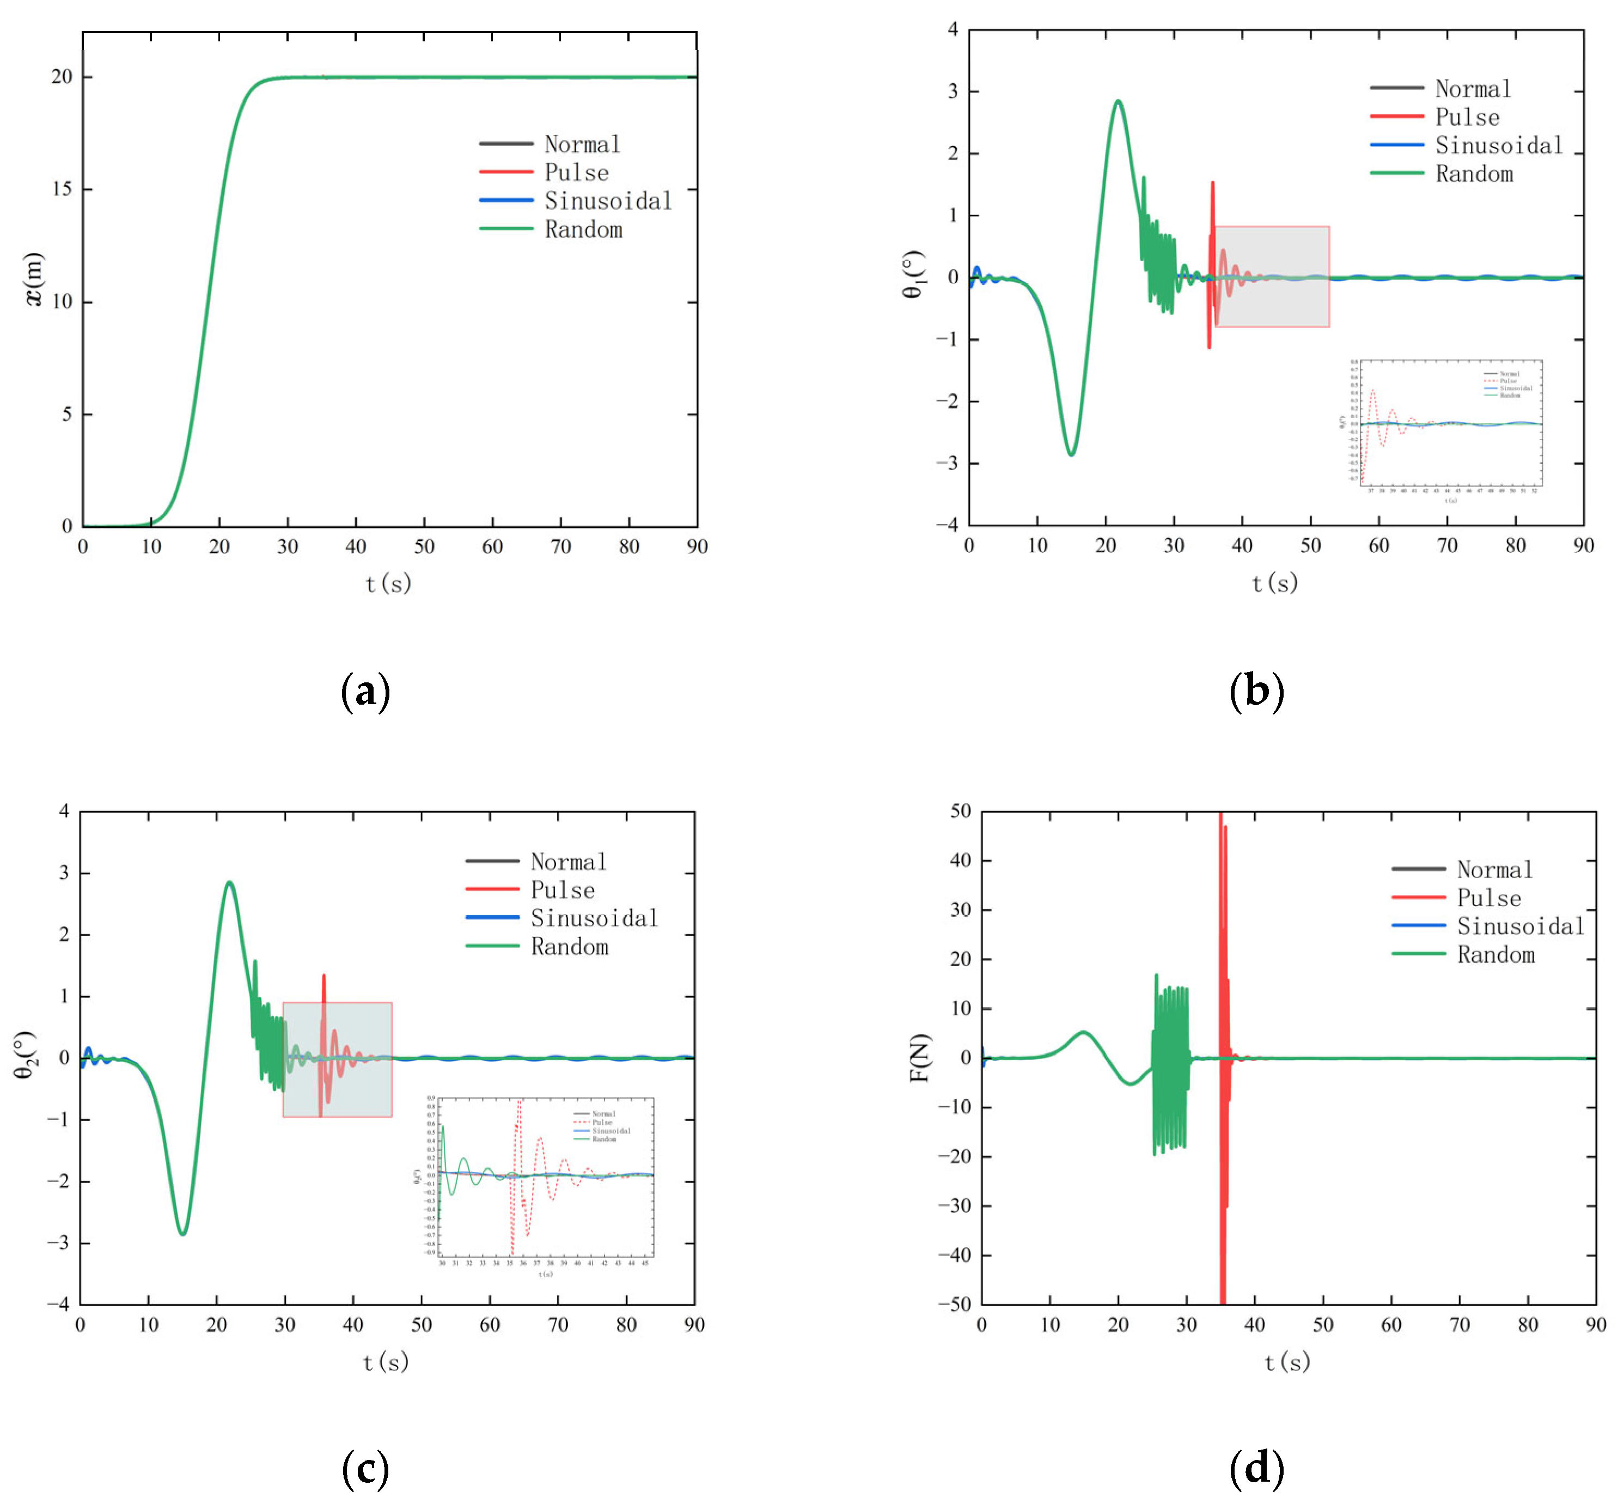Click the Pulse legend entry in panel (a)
coord(576,172)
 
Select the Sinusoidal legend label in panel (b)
coord(1498,146)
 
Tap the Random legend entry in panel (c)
coord(570,947)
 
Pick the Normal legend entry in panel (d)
coord(1494,870)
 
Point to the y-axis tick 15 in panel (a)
coord(62,189)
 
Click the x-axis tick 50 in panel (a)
coord(424,547)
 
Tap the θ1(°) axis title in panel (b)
coord(915,274)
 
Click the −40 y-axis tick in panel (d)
coord(954,1255)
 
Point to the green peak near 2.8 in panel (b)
coord(1118,102)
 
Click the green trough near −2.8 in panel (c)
coord(182,1234)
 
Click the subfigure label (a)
coord(365,692)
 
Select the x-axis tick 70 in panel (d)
coord(1460,1325)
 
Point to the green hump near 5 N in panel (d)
coord(1083,1032)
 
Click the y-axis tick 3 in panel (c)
coord(64,873)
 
